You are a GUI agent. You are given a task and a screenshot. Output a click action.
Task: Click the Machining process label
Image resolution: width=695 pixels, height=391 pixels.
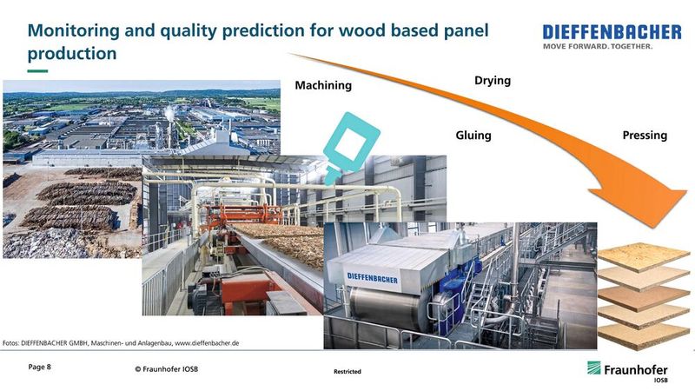pos(323,85)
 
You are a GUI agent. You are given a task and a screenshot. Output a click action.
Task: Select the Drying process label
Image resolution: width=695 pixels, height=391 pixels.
pos(492,81)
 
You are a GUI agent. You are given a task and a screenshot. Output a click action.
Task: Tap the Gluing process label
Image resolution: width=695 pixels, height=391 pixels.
pos(473,136)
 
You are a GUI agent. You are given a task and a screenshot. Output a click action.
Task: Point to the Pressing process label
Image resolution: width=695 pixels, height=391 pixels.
pos(645,136)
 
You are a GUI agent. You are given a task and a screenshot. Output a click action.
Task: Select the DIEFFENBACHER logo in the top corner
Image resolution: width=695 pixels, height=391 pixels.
pos(612,31)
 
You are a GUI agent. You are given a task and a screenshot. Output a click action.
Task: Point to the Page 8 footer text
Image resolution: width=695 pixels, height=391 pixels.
pos(40,368)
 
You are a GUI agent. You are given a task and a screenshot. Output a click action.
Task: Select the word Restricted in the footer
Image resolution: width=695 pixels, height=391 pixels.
pos(347,372)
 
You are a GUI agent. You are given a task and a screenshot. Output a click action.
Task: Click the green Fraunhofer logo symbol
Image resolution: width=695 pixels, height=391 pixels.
pos(594,368)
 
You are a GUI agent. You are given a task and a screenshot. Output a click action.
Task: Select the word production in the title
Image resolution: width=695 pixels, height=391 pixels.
pos(72,53)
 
